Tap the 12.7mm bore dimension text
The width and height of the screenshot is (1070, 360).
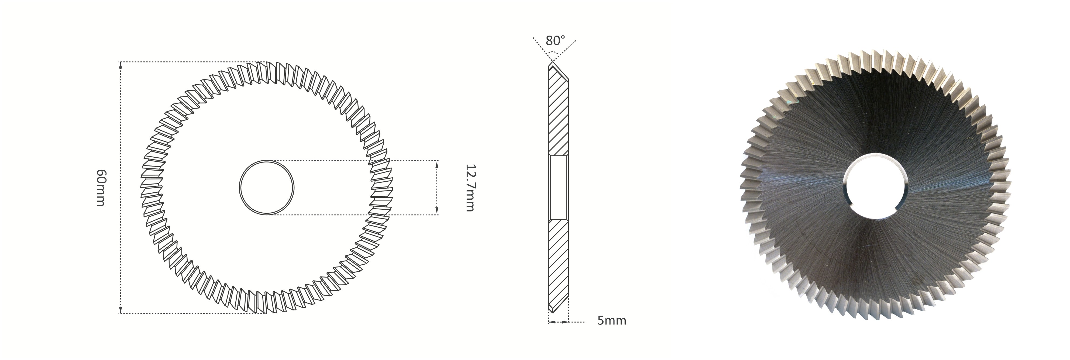coord(470,188)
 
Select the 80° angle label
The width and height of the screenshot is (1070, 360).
coord(555,41)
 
